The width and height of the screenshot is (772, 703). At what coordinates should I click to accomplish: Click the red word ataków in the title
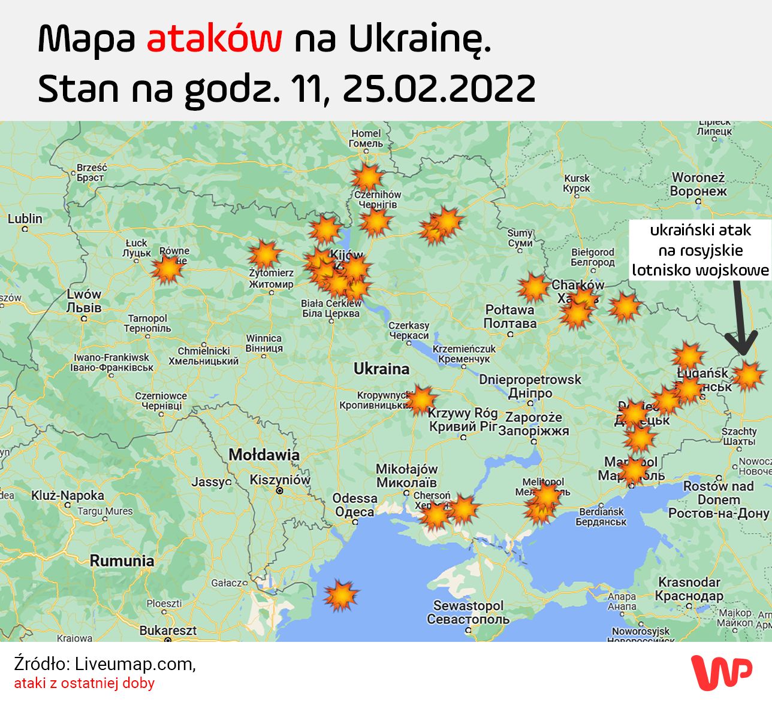[214, 39]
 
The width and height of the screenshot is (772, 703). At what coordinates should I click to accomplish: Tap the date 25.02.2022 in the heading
[439, 89]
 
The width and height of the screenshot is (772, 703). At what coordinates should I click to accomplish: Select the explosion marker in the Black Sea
[341, 595]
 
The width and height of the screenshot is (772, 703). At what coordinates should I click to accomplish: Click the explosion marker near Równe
[167, 268]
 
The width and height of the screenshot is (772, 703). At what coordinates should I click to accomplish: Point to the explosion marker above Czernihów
[367, 177]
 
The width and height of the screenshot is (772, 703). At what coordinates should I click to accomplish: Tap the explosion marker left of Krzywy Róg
[421, 400]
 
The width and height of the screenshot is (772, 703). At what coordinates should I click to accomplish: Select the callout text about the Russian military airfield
[700, 250]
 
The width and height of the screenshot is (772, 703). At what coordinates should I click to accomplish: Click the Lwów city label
[84, 301]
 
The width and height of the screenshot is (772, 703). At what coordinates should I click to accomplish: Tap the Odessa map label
[355, 505]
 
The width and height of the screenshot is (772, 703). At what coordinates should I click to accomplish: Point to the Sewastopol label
[468, 612]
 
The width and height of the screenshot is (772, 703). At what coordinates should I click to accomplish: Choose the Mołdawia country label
[264, 454]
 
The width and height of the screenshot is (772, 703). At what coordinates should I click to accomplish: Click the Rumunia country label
[122, 561]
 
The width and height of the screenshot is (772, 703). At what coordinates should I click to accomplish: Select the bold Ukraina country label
[381, 369]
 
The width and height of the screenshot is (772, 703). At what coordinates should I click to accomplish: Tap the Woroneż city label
[698, 184]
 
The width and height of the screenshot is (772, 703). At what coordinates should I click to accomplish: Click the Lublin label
[25, 219]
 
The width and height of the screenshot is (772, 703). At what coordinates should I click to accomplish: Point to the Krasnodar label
[689, 589]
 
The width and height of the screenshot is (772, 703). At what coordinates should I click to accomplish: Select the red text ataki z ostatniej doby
[85, 683]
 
